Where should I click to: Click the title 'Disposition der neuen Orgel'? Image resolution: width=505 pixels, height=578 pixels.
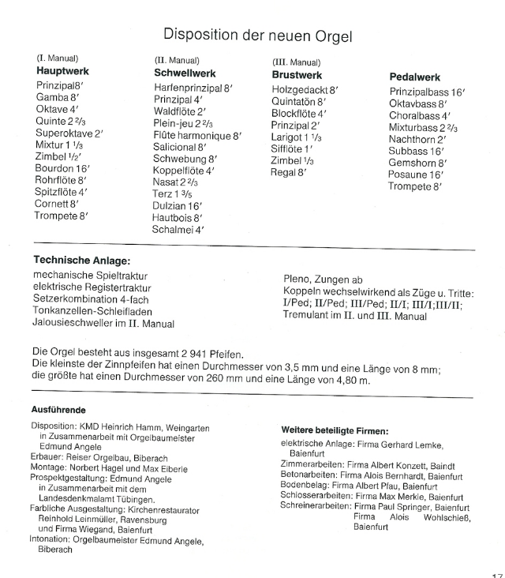(256, 35)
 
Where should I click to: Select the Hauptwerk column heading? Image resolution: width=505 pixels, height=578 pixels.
(63, 71)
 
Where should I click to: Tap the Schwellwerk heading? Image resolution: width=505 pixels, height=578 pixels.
(185, 72)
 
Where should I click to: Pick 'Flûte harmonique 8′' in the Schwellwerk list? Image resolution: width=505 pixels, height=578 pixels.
(198, 136)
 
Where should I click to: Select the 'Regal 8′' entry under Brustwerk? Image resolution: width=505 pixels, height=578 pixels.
(289, 173)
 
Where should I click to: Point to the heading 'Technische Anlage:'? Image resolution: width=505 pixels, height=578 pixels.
(81, 260)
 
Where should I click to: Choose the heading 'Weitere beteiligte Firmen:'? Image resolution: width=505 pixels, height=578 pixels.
(335, 430)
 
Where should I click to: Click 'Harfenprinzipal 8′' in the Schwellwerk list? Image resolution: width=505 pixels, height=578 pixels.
(193, 88)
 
